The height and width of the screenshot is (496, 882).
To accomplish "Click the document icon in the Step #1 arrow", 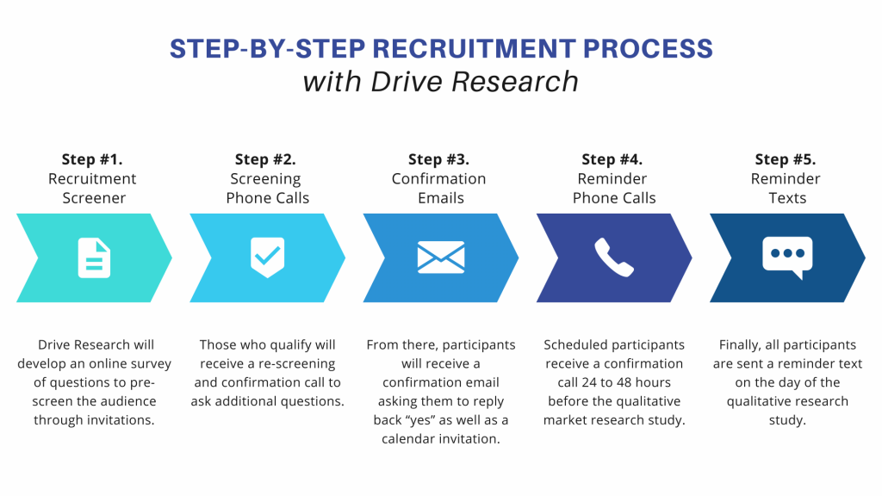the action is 94,258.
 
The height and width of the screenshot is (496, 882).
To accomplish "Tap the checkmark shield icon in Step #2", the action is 267,257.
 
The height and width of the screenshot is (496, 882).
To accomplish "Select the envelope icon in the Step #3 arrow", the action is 441,257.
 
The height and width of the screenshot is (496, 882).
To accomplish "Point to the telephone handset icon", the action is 614,257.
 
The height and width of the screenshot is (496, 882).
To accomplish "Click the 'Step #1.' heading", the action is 92,159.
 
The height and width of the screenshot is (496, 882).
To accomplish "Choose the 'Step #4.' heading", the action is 612,159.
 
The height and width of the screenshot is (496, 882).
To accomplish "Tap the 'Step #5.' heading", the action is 786,159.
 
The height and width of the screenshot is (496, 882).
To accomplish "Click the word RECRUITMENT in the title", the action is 475,49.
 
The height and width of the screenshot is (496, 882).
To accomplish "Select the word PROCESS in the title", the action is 648,49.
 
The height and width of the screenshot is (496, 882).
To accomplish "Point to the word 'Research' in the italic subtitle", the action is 515,82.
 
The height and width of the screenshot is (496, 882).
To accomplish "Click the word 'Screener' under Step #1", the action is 94,198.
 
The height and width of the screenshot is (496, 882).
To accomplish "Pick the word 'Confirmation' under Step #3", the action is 438,179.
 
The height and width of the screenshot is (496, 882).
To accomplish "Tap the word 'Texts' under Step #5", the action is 787,198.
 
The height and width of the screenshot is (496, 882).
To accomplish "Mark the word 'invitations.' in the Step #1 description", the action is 120,420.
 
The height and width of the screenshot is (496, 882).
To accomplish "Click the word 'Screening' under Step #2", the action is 265,179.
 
